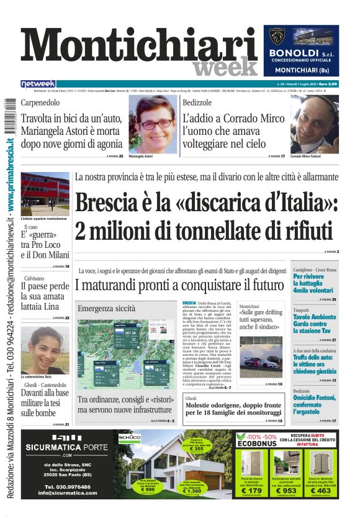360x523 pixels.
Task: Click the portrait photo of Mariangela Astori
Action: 153,123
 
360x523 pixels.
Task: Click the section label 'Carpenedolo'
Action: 42,102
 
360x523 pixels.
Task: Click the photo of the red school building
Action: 45,194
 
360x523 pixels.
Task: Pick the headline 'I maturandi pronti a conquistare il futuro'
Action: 179,286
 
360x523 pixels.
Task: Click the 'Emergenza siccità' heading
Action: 106,308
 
